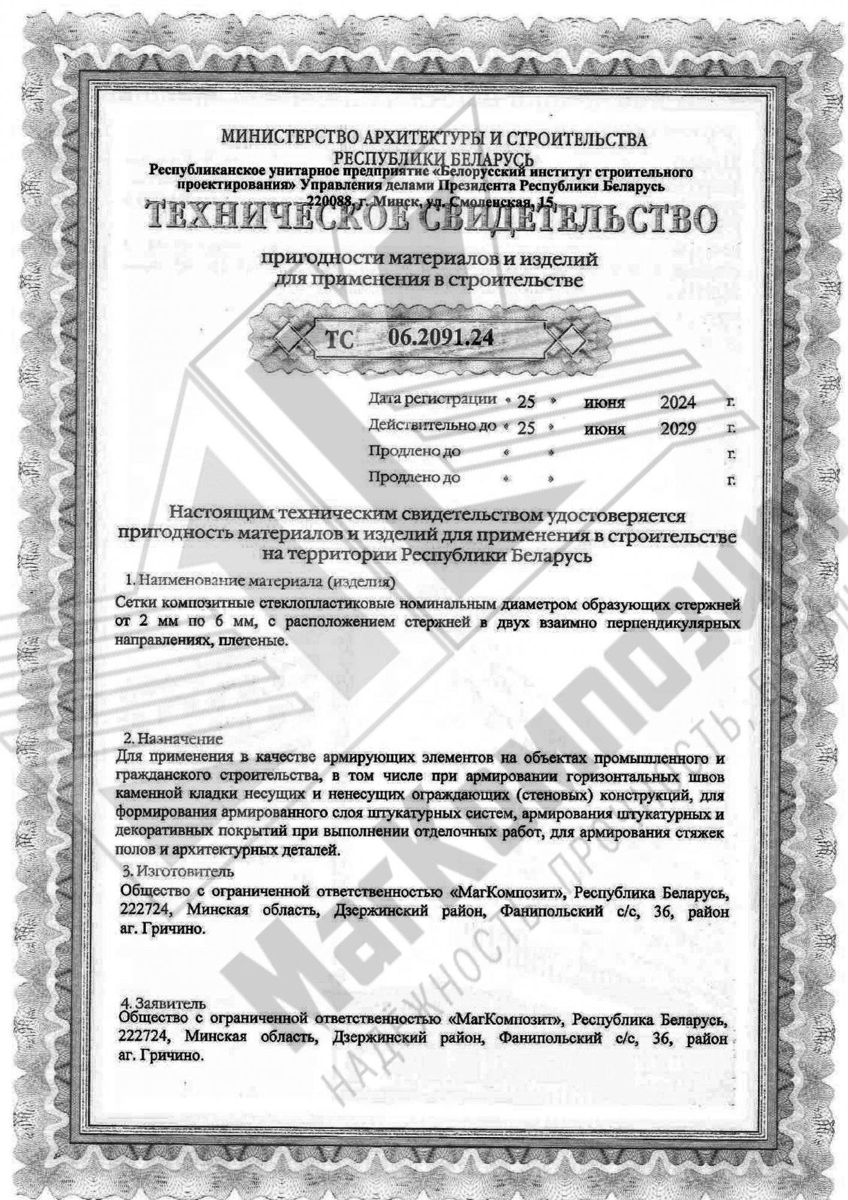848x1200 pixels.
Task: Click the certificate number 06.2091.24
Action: pos(441,338)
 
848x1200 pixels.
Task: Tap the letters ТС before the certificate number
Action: pos(340,340)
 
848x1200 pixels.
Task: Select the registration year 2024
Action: pos(678,402)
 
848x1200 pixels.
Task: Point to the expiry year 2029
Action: pos(678,429)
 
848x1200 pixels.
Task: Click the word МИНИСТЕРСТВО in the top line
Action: pos(287,139)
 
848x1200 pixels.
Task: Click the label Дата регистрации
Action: pos(432,399)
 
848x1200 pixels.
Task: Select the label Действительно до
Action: pos(432,425)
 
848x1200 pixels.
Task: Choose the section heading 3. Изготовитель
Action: pos(178,870)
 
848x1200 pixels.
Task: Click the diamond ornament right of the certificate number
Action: pos(571,340)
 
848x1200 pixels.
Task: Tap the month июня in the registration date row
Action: pos(604,403)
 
